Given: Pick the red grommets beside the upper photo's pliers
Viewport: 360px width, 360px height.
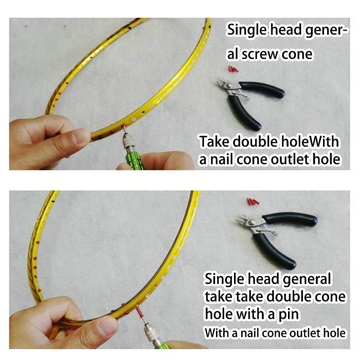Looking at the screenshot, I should coord(233,68).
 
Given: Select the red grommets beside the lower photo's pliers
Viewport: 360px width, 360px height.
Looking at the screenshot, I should coord(252,201).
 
